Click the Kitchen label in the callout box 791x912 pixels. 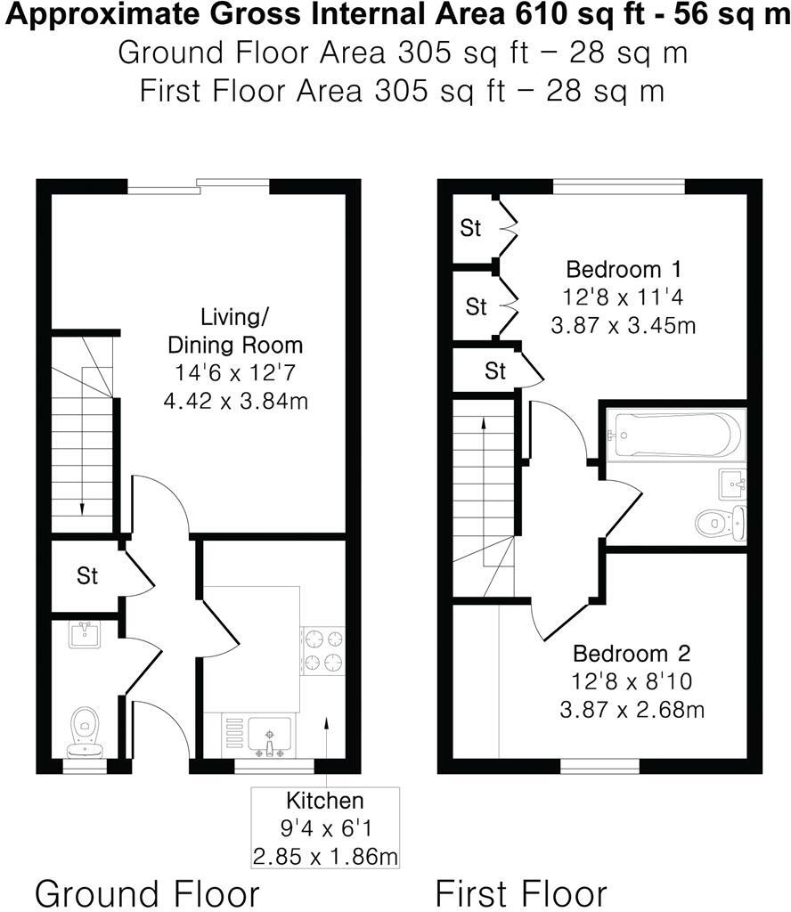point(324,799)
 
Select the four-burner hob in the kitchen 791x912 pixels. point(322,650)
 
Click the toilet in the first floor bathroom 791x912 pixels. point(720,523)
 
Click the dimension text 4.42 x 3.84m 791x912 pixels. point(236,401)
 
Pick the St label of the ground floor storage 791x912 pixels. point(86,576)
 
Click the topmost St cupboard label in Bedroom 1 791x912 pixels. point(470,228)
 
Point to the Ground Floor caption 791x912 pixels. point(147,892)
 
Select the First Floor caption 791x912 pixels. point(521,892)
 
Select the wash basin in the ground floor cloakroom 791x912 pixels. point(86,635)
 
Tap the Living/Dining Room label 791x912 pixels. point(236,330)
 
